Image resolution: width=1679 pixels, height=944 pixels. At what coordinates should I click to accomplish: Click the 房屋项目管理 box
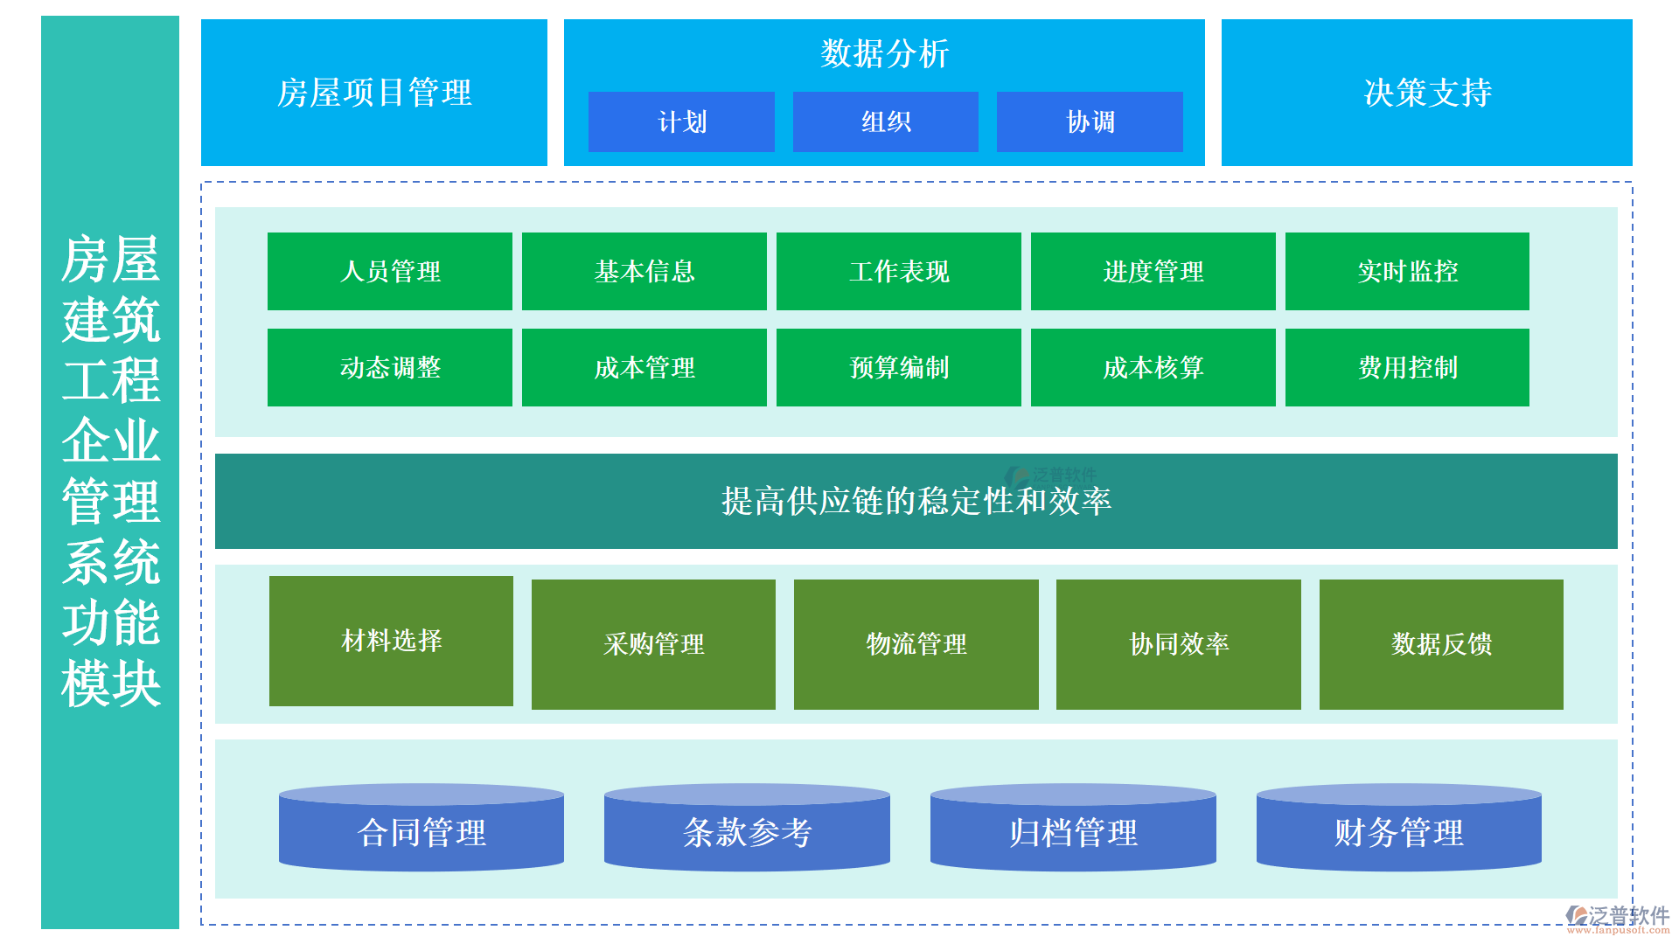(374, 93)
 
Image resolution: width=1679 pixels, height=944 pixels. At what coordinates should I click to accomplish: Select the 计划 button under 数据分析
(681, 122)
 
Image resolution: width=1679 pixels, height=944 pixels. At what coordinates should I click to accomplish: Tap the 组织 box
(885, 122)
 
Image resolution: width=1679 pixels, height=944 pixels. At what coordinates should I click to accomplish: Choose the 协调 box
(1090, 122)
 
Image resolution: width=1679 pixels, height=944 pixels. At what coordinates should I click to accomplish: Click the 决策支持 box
(1426, 93)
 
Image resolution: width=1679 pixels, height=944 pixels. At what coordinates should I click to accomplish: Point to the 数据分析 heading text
(884, 54)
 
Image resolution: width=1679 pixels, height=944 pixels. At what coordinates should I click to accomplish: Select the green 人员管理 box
(390, 272)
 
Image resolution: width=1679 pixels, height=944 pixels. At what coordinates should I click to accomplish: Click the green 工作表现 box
(898, 272)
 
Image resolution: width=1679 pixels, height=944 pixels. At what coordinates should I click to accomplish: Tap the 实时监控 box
(1407, 272)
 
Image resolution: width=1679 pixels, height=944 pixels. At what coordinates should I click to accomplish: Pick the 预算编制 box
(898, 368)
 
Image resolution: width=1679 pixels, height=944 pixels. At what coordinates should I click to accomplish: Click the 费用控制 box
(1407, 368)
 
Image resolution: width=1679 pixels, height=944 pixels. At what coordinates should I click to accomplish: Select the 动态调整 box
(390, 368)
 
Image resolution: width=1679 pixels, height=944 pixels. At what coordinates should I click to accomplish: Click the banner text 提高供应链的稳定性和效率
(916, 502)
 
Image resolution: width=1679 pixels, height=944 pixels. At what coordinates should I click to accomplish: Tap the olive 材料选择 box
(391, 641)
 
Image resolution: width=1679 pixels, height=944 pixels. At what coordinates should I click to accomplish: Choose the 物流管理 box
(916, 644)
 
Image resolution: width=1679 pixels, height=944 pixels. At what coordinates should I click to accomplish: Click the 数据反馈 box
(1441, 644)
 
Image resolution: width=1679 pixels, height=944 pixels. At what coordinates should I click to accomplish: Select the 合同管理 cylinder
(421, 832)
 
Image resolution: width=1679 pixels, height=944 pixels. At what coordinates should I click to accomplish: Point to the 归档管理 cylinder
(1073, 832)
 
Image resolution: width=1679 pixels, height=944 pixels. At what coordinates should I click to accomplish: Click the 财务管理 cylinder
(1398, 832)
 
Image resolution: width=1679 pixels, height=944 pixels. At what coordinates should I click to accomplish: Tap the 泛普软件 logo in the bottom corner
(1617, 918)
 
